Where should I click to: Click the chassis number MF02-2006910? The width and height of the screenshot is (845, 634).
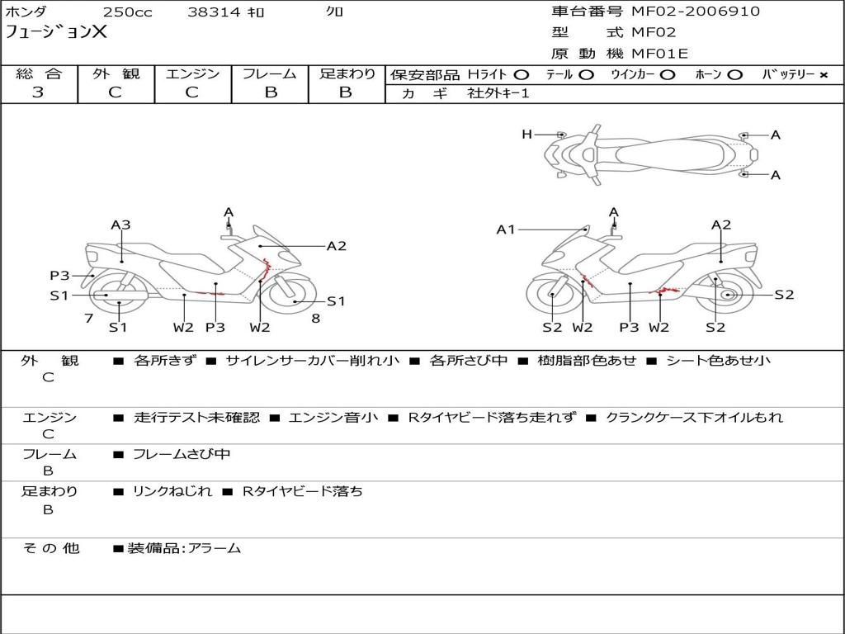tap(696, 11)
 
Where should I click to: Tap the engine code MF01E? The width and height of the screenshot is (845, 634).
tap(659, 54)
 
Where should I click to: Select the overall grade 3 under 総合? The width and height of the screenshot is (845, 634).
tap(38, 92)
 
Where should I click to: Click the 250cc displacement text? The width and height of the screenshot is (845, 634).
tap(128, 12)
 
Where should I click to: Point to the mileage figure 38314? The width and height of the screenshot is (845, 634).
tap(214, 12)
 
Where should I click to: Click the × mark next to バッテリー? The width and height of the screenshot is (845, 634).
tap(824, 75)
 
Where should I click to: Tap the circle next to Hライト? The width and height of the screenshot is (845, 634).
tap(522, 75)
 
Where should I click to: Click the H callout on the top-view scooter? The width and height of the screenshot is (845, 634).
tap(527, 135)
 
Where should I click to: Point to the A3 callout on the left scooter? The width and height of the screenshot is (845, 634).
tap(120, 225)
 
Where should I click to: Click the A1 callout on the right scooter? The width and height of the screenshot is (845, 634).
tap(506, 230)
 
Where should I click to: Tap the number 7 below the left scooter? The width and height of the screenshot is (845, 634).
tap(89, 319)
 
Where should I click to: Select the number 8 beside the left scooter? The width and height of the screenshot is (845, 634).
tap(316, 319)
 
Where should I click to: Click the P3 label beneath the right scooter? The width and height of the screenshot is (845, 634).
tap(629, 327)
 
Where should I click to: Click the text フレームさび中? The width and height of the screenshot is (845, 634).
tap(182, 455)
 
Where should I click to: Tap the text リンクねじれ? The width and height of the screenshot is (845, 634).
tap(172, 491)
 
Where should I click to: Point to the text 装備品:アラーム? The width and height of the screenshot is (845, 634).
tap(184, 548)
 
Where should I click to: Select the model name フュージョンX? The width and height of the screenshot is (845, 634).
tap(56, 32)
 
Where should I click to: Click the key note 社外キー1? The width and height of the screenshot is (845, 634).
tap(498, 93)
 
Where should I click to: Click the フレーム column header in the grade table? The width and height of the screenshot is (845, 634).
tap(270, 73)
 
